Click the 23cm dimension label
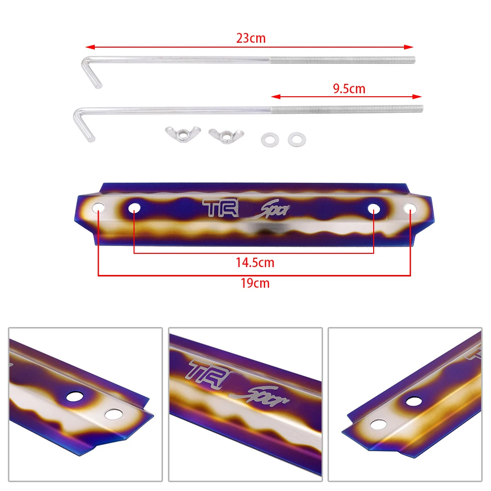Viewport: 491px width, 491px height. coord(251,38)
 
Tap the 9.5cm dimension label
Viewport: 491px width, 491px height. coord(349,89)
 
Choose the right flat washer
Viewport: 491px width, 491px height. coord(296,139)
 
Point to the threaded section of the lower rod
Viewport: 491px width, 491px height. coord(346,109)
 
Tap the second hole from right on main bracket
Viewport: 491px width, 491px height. coord(373,208)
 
